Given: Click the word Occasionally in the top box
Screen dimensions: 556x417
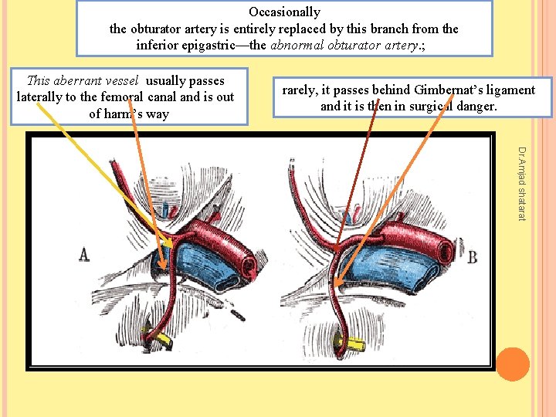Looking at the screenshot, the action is (284, 12).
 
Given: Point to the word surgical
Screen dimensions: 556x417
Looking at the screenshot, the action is (436, 106).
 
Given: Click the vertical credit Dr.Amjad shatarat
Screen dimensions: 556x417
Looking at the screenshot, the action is (521, 184).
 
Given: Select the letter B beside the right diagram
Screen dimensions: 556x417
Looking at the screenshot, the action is (472, 256).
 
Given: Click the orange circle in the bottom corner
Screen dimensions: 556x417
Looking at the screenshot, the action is (513, 364).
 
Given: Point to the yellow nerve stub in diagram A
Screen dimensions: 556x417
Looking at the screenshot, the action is (163, 341).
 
